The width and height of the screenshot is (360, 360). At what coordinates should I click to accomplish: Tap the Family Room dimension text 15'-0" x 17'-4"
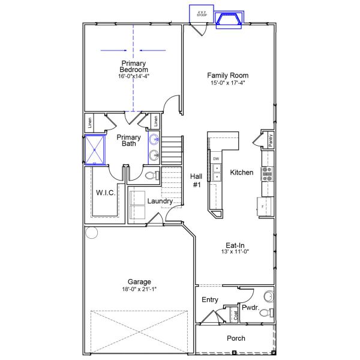(228, 83)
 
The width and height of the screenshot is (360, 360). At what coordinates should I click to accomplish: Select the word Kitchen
(242, 173)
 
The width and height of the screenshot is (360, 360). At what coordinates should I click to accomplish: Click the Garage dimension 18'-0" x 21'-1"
(139, 289)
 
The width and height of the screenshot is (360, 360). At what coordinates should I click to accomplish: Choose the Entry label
(210, 300)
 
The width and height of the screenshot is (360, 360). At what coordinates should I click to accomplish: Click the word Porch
(236, 338)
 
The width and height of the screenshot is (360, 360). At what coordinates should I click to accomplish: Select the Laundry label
(160, 201)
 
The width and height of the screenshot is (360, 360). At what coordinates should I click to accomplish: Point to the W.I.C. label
(106, 193)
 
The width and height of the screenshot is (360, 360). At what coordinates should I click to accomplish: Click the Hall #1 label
(196, 181)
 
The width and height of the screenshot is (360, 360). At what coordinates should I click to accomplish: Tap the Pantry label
(271, 140)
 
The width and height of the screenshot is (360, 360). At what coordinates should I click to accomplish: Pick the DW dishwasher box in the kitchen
(216, 159)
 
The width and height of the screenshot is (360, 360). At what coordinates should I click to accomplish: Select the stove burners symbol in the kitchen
(267, 173)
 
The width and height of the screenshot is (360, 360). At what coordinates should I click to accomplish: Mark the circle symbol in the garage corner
(91, 232)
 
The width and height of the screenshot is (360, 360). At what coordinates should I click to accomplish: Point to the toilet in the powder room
(268, 296)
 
